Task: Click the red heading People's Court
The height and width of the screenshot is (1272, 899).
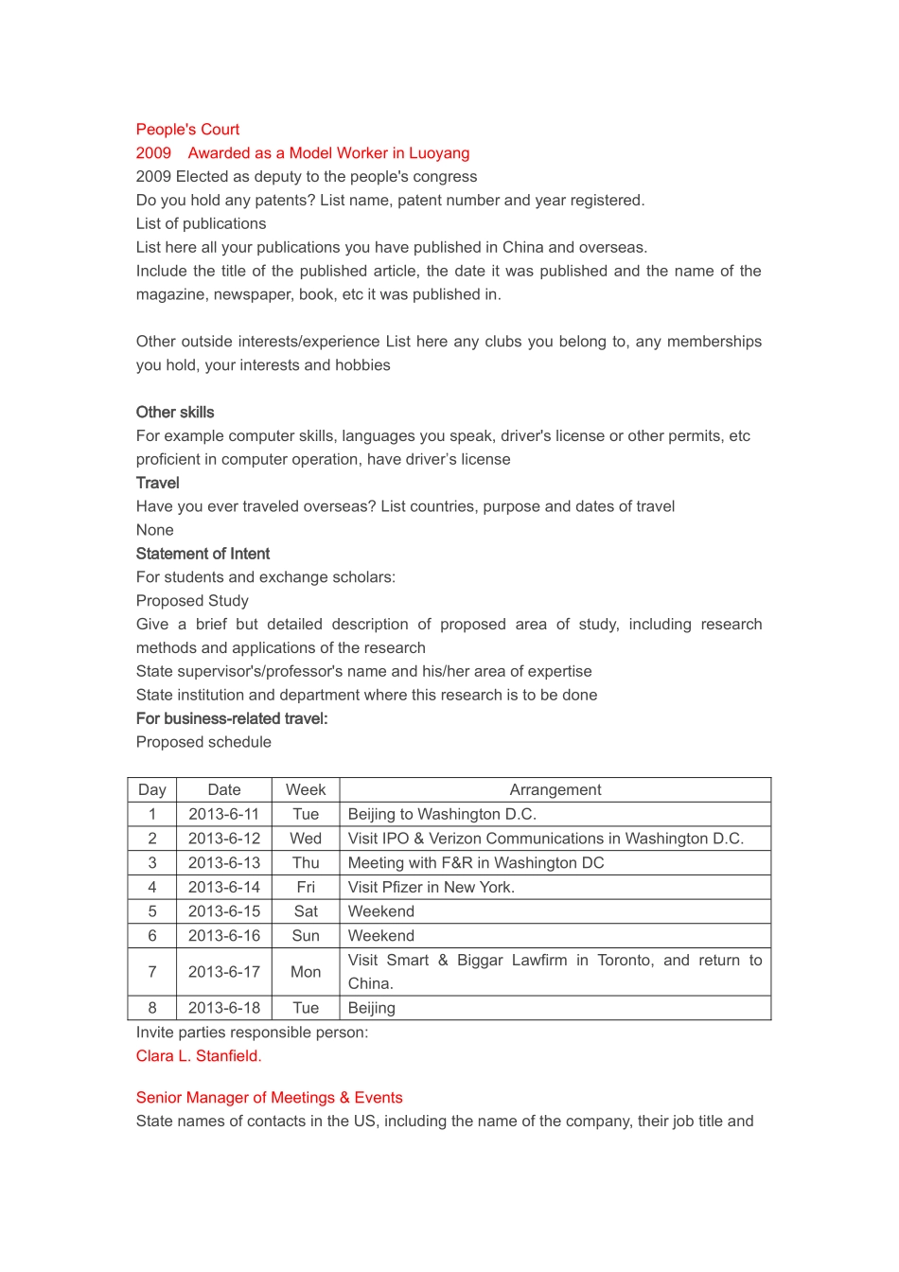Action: pyautogui.click(x=187, y=130)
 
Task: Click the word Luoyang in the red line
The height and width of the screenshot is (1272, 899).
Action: pyautogui.click(x=439, y=153)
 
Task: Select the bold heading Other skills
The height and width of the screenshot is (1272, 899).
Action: pyautogui.click(x=175, y=413)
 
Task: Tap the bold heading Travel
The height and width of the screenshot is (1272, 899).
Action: pyautogui.click(x=157, y=483)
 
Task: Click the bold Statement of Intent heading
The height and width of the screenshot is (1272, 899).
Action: pyautogui.click(x=203, y=554)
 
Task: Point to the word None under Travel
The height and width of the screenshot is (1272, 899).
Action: pyautogui.click(x=154, y=530)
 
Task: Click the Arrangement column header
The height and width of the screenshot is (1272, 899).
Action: pyautogui.click(x=555, y=790)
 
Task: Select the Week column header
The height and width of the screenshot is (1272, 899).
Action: pyautogui.click(x=306, y=790)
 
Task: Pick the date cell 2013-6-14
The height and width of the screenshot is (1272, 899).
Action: pyautogui.click(x=224, y=888)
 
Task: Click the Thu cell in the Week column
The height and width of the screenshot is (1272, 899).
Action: pyautogui.click(x=306, y=863)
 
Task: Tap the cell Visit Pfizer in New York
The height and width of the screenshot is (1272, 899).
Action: pyautogui.click(x=431, y=888)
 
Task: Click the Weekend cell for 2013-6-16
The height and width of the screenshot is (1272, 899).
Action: pyautogui.click(x=381, y=936)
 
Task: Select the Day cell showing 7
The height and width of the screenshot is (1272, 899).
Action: pyautogui.click(x=152, y=972)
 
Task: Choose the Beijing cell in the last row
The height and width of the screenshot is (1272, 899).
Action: pyautogui.click(x=372, y=1009)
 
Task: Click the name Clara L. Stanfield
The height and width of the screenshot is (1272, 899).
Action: pyautogui.click(x=199, y=1056)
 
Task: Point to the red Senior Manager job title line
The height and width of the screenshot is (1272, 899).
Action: pyautogui.click(x=269, y=1098)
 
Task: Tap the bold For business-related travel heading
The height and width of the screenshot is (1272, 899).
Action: pyautogui.click(x=232, y=719)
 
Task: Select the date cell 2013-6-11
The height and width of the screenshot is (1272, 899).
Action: pyautogui.click(x=224, y=815)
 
